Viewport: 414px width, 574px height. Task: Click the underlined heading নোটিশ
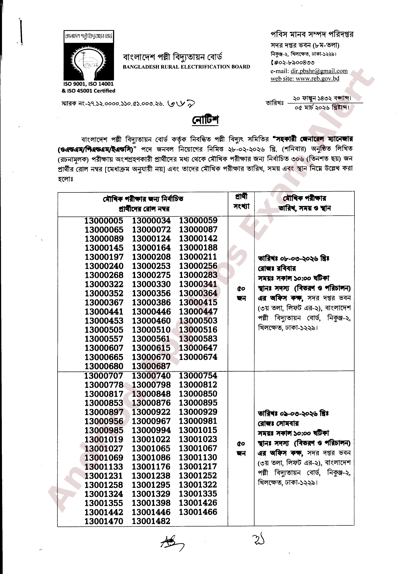[x=205, y=120]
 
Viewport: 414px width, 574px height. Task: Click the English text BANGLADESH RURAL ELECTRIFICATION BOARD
[x=186, y=67]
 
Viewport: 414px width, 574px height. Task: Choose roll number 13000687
[x=151, y=366]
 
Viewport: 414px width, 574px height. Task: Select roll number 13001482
[x=151, y=521]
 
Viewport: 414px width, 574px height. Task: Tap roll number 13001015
[x=198, y=430]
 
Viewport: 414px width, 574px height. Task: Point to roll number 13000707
[x=104, y=376]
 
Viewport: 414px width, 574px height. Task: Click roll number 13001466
[x=198, y=512]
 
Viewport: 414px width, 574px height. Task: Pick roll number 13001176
[x=151, y=467]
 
